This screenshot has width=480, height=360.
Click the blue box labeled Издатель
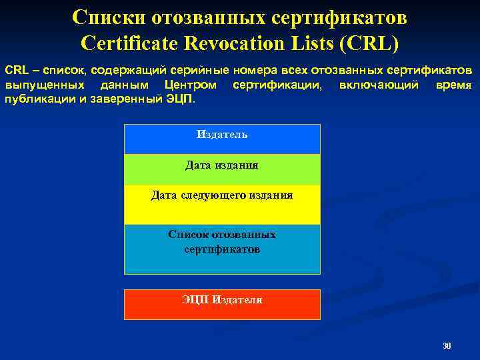coord(222,139)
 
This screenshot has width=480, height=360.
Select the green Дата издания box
coord(222,169)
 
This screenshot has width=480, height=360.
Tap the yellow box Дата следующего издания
coord(222,204)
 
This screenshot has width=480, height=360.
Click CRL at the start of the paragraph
coord(17,70)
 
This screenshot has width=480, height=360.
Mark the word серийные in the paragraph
coord(198,70)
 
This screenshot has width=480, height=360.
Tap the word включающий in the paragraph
coord(379,85)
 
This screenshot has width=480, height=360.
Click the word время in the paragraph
coord(454,85)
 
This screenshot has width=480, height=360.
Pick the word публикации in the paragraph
coord(34,99)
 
